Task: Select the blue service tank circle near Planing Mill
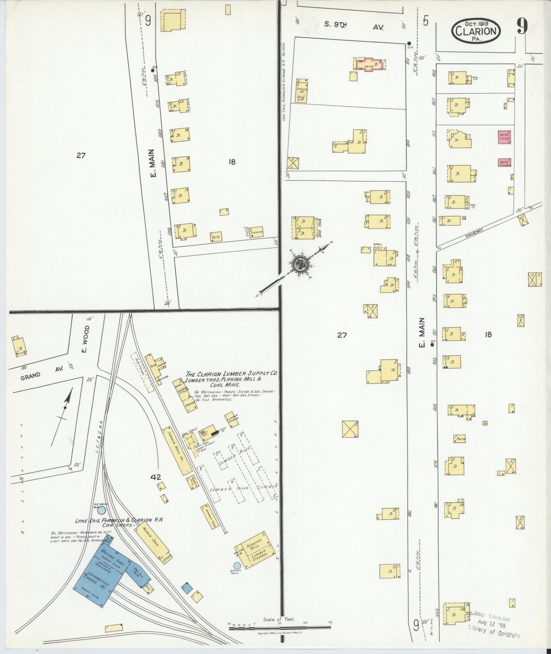[x=237, y=565]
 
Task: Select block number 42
[x=155, y=477]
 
